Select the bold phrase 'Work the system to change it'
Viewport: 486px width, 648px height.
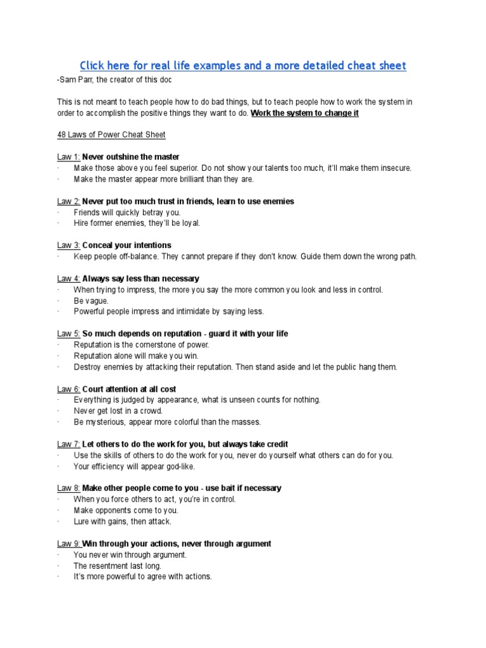(x=305, y=113)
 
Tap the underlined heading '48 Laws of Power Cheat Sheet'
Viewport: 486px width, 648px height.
(x=111, y=135)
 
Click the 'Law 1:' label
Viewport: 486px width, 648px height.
(x=68, y=157)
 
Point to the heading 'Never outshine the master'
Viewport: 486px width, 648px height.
(x=131, y=157)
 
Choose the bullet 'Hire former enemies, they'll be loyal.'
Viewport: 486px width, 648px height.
(x=137, y=223)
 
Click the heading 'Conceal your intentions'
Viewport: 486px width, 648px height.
(x=127, y=246)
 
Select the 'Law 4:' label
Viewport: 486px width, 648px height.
(x=68, y=278)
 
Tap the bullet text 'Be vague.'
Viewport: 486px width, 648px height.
(x=91, y=301)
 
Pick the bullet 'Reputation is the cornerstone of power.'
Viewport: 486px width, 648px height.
(x=141, y=345)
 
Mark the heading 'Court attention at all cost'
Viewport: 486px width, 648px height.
(x=129, y=389)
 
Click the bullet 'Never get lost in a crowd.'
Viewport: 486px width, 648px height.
(x=118, y=411)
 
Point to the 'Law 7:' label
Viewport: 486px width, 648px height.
(x=68, y=444)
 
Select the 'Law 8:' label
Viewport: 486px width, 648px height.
(x=68, y=489)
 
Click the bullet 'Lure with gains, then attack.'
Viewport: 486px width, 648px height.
(x=123, y=521)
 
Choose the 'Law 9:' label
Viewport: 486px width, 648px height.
(x=68, y=544)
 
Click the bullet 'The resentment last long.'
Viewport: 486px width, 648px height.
(x=118, y=566)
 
